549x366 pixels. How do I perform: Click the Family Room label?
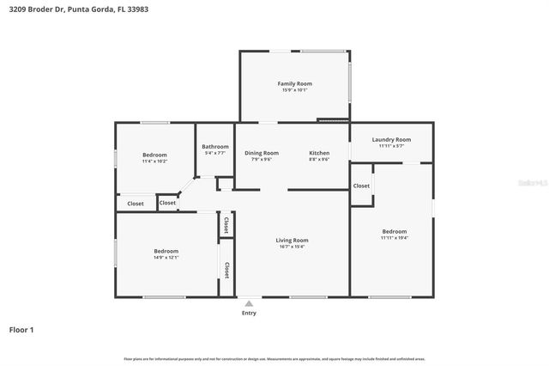(x=294, y=83)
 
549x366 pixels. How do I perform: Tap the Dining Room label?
(x=262, y=153)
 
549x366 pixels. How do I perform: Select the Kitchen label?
(x=319, y=153)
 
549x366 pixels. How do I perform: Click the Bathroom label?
(x=215, y=147)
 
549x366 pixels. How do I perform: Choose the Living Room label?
(x=292, y=240)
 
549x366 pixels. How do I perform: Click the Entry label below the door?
(x=249, y=313)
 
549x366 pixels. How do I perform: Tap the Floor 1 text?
(x=21, y=329)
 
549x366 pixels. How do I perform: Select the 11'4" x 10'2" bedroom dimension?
(x=154, y=161)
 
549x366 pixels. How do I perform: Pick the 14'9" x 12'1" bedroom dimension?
(x=166, y=257)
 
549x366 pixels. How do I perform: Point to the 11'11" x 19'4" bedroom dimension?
(x=394, y=238)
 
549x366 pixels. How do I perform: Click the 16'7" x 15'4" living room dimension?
(x=292, y=247)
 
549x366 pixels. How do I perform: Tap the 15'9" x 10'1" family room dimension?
(x=294, y=90)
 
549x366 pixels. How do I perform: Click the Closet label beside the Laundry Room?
(x=362, y=186)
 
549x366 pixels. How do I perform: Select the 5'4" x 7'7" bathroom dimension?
(x=215, y=153)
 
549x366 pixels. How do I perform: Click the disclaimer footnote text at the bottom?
(x=274, y=358)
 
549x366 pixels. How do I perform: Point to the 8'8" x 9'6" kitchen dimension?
(x=319, y=159)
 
